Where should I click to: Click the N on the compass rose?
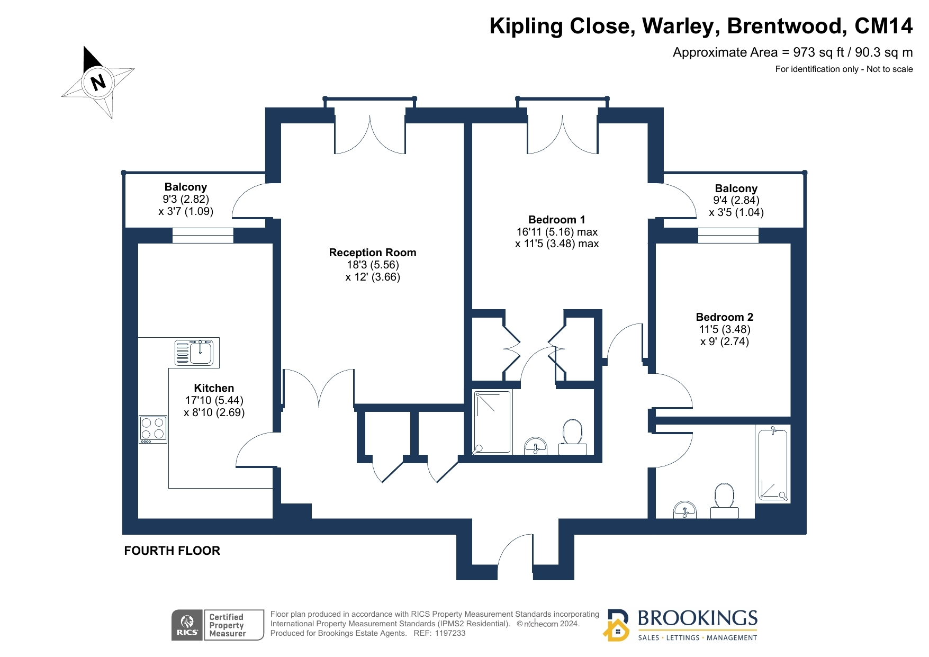(98, 82)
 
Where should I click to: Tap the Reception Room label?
(373, 253)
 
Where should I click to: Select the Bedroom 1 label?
(557, 220)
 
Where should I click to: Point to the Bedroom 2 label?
(724, 317)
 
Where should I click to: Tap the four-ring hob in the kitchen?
(153, 429)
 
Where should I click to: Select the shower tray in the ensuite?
(492, 422)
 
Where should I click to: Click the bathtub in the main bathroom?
(773, 464)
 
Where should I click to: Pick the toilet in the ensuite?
(572, 437)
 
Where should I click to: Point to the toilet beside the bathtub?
(724, 501)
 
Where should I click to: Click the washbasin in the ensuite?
(536, 446)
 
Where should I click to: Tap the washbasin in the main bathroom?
(685, 510)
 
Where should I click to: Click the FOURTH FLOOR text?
(172, 551)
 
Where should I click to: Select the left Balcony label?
(185, 187)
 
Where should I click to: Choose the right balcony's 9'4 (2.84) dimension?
(736, 200)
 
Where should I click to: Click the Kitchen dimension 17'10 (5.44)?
(214, 400)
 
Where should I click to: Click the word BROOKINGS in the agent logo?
(698, 618)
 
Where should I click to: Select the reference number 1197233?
(450, 633)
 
